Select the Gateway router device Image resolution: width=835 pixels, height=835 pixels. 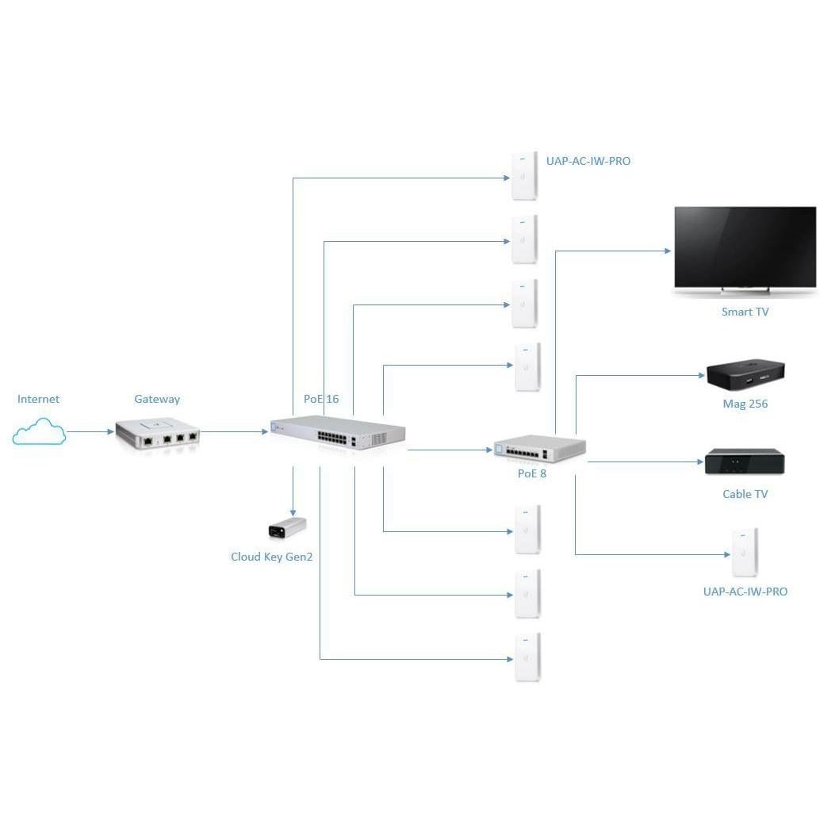coord(157,433)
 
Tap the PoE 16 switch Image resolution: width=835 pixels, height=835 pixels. coord(337,433)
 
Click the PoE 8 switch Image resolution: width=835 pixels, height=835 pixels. coord(539,450)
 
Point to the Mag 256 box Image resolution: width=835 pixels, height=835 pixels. coord(745,375)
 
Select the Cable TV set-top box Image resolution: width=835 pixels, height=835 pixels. coord(745,462)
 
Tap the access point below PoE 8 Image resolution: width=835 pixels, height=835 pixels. coord(745,552)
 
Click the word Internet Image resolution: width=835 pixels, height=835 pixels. coord(38,399)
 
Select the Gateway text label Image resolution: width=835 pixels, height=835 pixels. coord(157,399)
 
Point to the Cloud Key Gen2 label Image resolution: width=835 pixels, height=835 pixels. coord(272,557)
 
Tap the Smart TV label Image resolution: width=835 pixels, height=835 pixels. coord(745,312)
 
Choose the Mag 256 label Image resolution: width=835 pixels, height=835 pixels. coord(745,404)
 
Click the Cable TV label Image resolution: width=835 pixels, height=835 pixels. coord(745,494)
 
